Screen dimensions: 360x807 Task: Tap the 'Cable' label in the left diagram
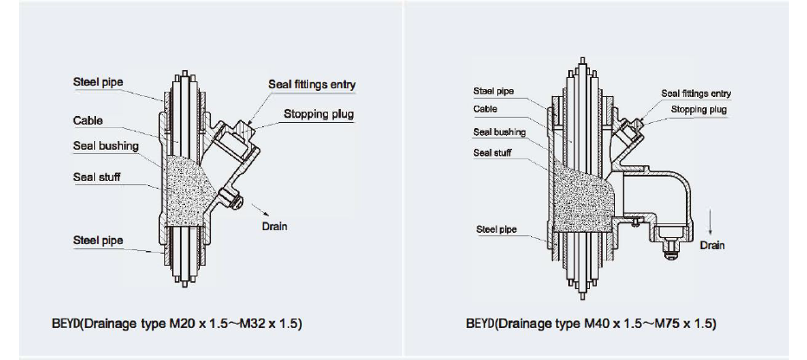coord(88,121)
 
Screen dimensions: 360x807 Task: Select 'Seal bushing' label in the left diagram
coord(106,146)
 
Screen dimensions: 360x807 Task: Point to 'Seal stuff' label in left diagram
coord(97,177)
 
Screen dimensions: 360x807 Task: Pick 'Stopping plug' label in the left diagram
coord(318,113)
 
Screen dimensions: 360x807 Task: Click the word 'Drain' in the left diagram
coord(274,227)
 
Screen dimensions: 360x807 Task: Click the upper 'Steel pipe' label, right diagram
coord(493,91)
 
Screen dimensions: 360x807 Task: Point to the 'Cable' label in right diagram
coord(485,110)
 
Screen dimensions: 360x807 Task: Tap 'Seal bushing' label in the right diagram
coord(499,132)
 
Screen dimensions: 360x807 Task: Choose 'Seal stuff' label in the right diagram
coord(492,153)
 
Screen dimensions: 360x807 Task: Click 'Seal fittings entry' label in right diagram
coord(696,93)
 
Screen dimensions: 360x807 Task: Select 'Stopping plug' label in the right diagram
coord(700,110)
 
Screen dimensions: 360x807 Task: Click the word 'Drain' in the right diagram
coord(713,246)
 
